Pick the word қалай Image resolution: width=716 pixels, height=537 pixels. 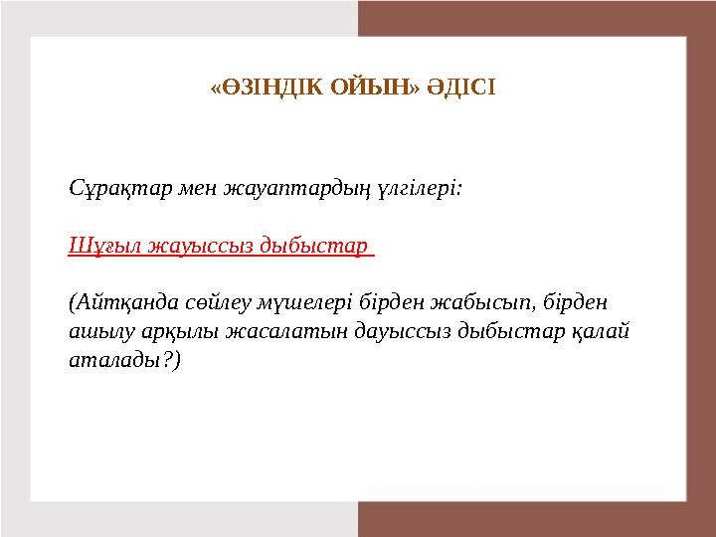click(x=601, y=332)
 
